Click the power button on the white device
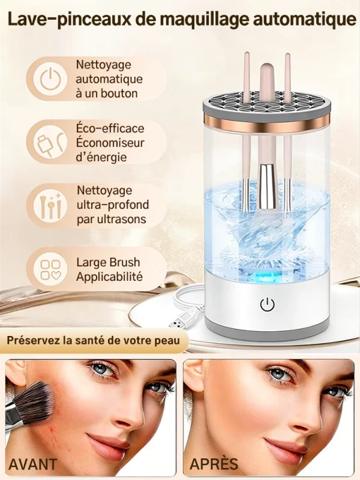tap(267, 304)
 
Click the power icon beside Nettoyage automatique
tap(50, 79)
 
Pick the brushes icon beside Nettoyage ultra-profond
tap(50, 204)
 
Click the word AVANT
tap(33, 464)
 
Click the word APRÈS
tap(214, 464)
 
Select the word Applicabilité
tap(109, 277)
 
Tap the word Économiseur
tap(110, 143)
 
